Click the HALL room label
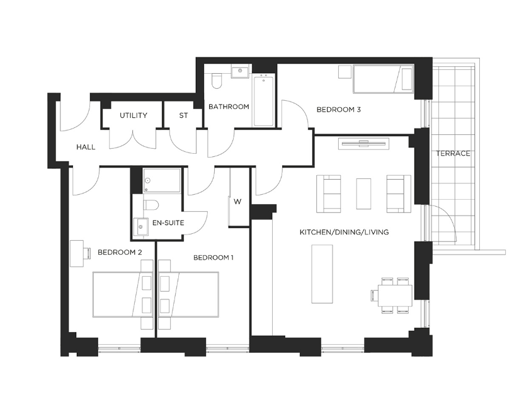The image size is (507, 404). [x=86, y=147]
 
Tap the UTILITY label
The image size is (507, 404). [x=134, y=115]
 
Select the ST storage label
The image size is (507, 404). [x=183, y=115]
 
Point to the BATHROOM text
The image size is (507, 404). [x=229, y=107]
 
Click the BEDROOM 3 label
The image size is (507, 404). [x=339, y=110]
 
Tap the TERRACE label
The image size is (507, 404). [x=453, y=153]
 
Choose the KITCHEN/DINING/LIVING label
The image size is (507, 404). [x=344, y=232]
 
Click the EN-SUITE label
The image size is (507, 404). [x=168, y=223]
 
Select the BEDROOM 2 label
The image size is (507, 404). [x=120, y=252]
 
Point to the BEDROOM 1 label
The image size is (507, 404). [x=214, y=258]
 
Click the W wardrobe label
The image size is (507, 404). [x=237, y=202]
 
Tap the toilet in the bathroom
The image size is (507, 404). [x=216, y=81]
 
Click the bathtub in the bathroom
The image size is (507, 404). [x=263, y=100]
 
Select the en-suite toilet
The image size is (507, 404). [x=151, y=205]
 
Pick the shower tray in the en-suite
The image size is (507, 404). [x=162, y=180]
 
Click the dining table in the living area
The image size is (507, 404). [x=395, y=296]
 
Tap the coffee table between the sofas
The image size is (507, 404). [x=363, y=193]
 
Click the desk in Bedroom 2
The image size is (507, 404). [x=77, y=253]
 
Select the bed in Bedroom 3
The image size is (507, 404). [x=384, y=79]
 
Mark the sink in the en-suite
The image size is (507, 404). [x=141, y=227]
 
